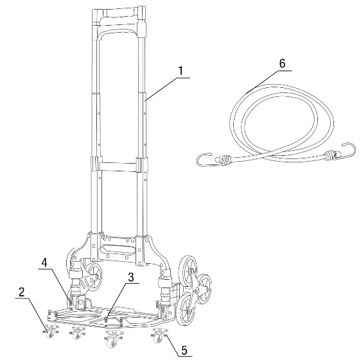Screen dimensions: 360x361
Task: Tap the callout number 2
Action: coord(22,291)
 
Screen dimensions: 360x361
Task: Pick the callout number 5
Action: coord(184,350)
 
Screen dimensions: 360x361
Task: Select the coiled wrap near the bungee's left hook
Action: coord(227,159)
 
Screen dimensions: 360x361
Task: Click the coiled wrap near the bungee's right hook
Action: coord(330,154)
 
